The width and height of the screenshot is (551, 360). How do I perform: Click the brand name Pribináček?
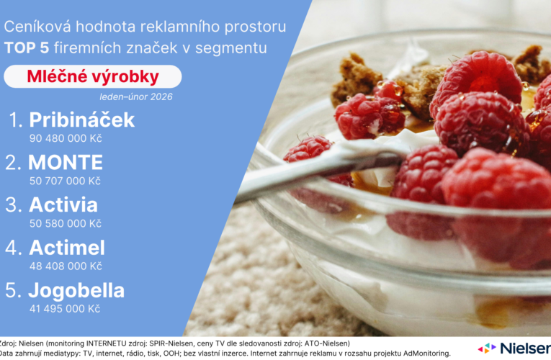(81, 120)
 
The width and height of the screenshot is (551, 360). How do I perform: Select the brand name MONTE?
(66, 163)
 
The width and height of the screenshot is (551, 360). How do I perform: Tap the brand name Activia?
(63, 205)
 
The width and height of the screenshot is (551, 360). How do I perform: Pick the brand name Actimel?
(67, 248)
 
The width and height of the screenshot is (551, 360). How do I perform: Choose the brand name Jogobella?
(76, 291)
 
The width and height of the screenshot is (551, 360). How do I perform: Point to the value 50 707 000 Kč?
(64, 180)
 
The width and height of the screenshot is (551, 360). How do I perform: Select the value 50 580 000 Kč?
(65, 223)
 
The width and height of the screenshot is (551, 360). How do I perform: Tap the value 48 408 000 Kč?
(65, 266)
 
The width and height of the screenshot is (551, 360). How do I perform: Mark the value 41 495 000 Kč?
(64, 308)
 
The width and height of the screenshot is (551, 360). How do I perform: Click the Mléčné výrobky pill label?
(92, 76)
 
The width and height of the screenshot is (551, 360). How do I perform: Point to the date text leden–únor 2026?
(136, 96)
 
